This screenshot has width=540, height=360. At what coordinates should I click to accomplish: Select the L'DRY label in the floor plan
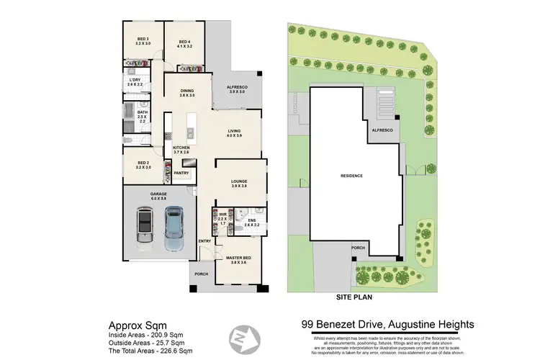pos(135,82)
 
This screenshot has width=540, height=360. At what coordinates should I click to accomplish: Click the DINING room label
pos(187,92)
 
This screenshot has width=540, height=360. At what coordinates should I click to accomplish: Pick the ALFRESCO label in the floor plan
pos(237,89)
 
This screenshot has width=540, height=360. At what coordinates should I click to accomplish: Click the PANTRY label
pos(181,173)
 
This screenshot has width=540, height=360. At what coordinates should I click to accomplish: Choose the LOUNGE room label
pos(239,183)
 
